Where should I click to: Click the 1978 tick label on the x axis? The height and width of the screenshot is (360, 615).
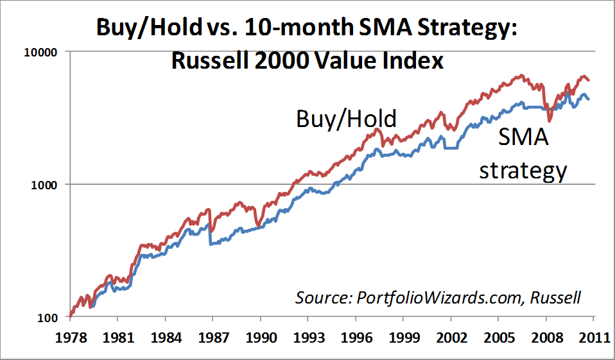coord(71,338)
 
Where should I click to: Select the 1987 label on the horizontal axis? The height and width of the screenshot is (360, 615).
coord(213,338)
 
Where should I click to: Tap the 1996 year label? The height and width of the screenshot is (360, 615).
coord(356,338)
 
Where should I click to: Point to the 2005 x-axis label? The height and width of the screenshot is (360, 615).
coord(499,338)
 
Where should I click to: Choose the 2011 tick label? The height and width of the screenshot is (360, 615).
coord(594,338)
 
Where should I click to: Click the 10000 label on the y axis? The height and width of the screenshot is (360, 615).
coord(41,52)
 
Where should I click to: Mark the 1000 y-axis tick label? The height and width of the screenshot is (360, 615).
coord(44,185)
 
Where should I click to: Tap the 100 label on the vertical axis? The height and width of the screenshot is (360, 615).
coord(47,318)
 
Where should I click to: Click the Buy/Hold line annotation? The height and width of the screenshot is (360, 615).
coord(346,119)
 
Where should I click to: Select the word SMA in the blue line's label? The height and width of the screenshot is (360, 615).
coord(523,137)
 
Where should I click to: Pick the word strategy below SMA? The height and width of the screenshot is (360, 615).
coord(523,171)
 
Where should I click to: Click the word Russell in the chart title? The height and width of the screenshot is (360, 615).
coord(209,61)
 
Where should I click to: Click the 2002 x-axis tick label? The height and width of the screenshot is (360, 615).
coord(451,338)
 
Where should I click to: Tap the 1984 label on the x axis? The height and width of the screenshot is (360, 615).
coord(166,338)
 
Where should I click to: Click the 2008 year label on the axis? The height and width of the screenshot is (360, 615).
coord(546,338)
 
